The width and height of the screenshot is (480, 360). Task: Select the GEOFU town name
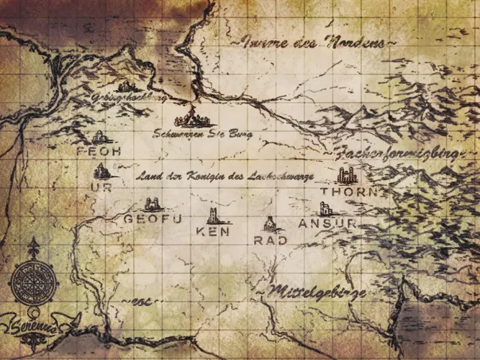click(152, 218)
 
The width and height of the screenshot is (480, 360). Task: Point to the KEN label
click(213, 232)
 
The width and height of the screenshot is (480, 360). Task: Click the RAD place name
click(271, 240)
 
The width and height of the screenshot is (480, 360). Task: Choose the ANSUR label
click(327, 223)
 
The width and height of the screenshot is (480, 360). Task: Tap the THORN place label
click(345, 192)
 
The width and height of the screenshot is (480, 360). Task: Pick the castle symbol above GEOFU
click(152, 204)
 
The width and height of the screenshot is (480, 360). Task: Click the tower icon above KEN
click(214, 216)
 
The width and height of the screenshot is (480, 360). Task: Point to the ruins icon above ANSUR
click(325, 209)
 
